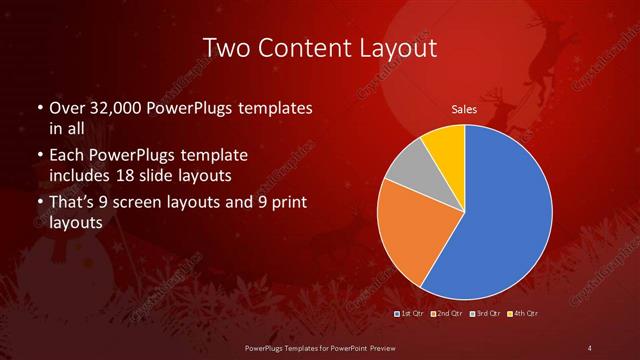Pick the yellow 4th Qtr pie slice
point(445,146)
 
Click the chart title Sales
point(464,110)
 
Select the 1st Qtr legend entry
point(411,314)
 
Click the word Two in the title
point(225,47)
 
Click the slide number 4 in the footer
point(590,347)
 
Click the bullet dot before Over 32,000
point(39,108)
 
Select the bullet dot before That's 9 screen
point(39,204)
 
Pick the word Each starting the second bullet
point(67,156)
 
